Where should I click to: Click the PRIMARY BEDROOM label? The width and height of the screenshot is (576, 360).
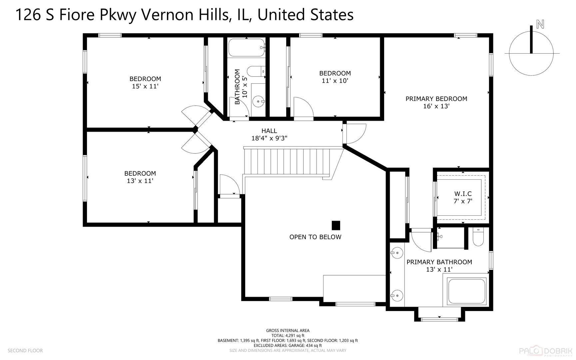tap(436, 99)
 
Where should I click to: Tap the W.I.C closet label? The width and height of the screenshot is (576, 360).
tap(463, 194)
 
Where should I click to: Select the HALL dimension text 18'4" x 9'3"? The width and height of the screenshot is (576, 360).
tap(269, 138)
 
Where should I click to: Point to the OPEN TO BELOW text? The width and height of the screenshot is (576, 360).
tap(315, 237)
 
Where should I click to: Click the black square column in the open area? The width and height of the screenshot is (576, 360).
tap(336, 225)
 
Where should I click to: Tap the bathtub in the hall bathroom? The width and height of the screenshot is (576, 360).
tap(246, 48)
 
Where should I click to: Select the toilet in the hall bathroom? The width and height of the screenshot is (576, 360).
tap(255, 71)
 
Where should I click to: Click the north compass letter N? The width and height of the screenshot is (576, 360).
tap(540, 24)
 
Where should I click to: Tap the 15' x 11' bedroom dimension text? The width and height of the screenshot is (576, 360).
tap(145, 86)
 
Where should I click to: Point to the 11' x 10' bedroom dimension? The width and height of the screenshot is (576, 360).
tap(335, 81)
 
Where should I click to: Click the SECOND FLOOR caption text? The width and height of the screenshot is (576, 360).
tap(25, 350)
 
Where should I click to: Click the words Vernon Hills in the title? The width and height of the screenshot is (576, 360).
tap(185, 15)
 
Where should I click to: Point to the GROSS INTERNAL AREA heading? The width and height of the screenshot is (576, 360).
tap(288, 331)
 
